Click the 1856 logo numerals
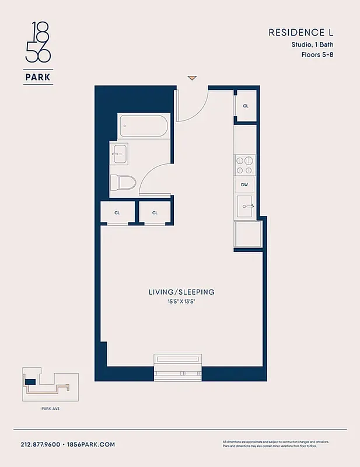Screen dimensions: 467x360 [38, 43]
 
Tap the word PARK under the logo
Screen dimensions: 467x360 [38, 76]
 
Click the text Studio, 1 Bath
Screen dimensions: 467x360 [313, 44]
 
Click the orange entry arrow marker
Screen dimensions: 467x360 [192, 78]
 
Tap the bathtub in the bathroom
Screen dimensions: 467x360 [144, 126]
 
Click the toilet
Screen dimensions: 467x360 [123, 183]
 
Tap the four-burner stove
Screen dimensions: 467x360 [245, 165]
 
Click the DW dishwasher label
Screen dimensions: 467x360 [245, 185]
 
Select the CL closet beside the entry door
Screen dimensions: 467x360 [245, 106]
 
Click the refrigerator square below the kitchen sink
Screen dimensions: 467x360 [247, 234]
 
